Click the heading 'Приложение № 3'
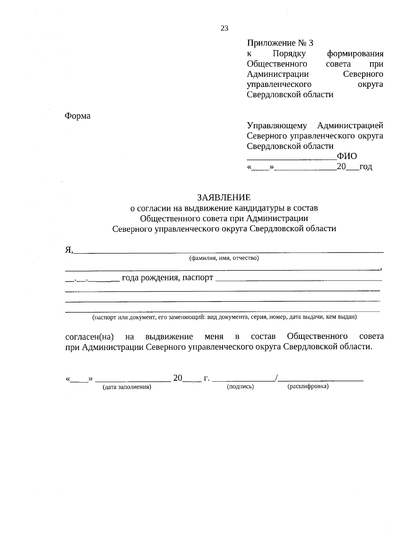280,43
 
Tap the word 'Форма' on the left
78,116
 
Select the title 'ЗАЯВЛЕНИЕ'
224,198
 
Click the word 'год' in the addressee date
366,167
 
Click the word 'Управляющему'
277,125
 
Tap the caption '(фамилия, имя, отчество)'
224,258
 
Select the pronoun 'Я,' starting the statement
69,250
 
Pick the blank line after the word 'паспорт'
299,280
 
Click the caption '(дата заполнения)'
127,387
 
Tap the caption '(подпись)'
240,387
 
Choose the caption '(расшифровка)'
308,387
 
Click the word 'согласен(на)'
90,337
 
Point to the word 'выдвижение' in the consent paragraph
169,337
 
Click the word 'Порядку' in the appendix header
289,54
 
